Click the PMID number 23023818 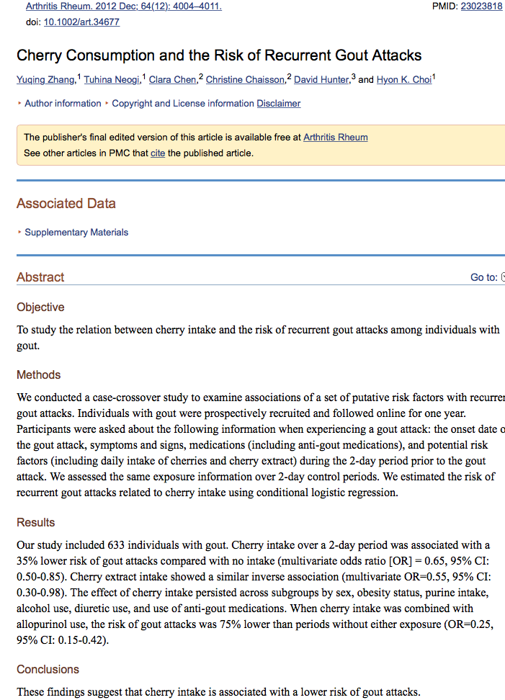tap(481, 6)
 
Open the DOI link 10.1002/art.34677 tap(81, 22)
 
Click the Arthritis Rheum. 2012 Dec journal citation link tap(123, 6)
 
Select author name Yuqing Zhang tap(45, 80)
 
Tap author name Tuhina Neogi tap(112, 80)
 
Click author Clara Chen tap(172, 80)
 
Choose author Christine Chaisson tap(245, 80)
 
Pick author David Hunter tap(321, 80)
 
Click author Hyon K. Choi tap(403, 80)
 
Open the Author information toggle tap(63, 104)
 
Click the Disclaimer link tap(279, 104)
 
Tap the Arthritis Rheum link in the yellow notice tap(335, 137)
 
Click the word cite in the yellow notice tap(158, 153)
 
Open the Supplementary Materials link tap(76, 233)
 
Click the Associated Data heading tap(66, 204)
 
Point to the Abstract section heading tap(40, 277)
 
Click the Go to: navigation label tap(483, 277)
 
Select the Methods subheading tap(39, 374)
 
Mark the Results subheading tap(36, 522)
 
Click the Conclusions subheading tap(48, 670)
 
